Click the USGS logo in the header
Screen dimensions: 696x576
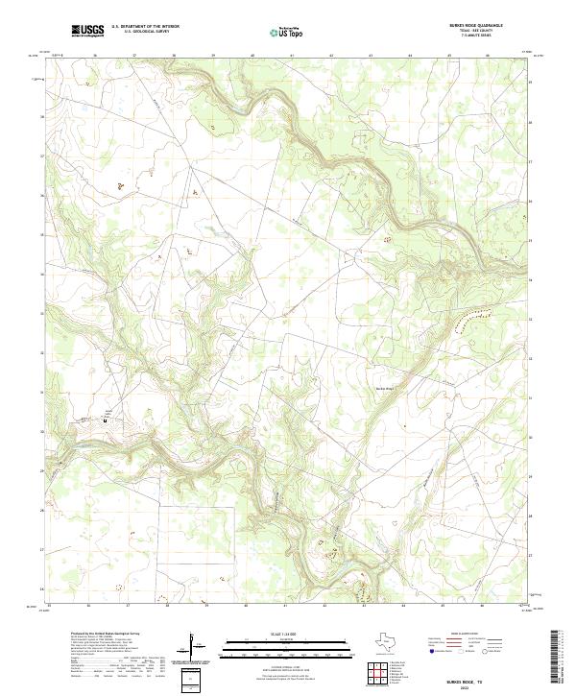click(87, 31)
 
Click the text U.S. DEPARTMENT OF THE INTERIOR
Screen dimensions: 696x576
click(145, 28)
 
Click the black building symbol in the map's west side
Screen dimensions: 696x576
click(106, 420)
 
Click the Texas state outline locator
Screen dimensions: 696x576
click(395, 642)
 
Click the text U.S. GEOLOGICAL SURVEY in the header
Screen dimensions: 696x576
click(143, 33)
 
